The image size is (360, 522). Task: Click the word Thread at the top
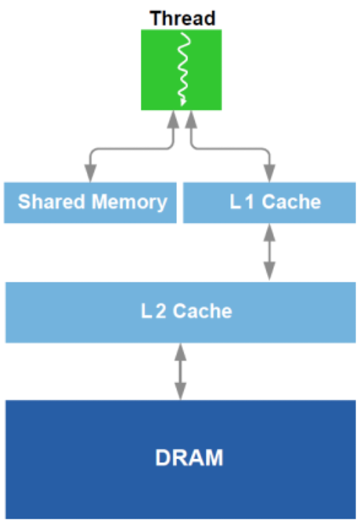tap(182, 18)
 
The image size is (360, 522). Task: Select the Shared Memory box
tap(90, 202)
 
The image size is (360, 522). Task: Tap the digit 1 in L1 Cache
tap(249, 202)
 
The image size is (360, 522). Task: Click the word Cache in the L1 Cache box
tap(291, 202)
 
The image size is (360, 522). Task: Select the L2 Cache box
tap(180, 312)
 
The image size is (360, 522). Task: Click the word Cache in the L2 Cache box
tap(202, 312)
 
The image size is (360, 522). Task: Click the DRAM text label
tap(189, 458)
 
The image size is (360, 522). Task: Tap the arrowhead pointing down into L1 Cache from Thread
tap(269, 174)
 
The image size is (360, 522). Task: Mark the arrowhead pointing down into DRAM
tap(180, 392)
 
